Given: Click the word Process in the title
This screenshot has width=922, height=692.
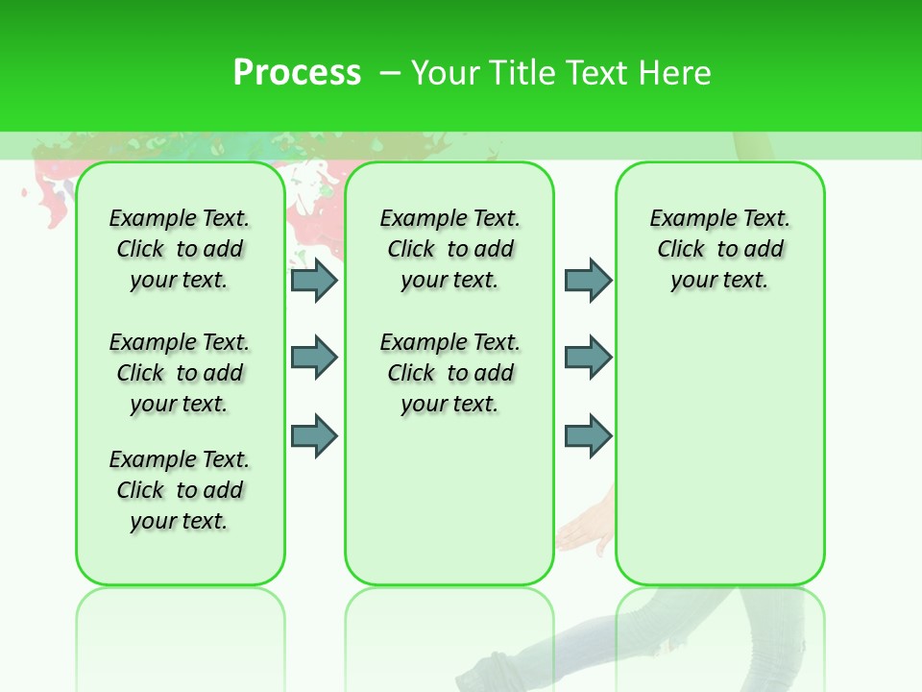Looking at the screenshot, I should [x=297, y=73].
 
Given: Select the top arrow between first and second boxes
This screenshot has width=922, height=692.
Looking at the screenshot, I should [x=314, y=280].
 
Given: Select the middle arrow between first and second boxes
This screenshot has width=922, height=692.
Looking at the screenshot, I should [x=314, y=358].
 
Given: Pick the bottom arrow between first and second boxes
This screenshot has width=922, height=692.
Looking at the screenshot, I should [x=314, y=435].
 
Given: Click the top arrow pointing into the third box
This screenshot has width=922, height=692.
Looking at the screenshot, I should [x=588, y=280].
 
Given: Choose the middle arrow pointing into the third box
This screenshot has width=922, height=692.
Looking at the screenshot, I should [x=588, y=358].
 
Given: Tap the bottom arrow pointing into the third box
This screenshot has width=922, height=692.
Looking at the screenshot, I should [x=588, y=435].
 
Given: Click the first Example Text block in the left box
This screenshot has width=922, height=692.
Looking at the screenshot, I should [x=180, y=249].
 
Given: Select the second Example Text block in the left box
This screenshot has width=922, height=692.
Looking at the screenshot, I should [x=180, y=373].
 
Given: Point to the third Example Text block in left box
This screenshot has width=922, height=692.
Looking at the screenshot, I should [x=180, y=490].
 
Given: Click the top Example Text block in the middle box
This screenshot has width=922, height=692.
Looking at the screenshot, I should [x=450, y=249].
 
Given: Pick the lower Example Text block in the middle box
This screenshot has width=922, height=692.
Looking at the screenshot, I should [x=450, y=373].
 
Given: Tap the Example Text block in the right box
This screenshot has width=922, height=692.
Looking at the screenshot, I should [x=720, y=249].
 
